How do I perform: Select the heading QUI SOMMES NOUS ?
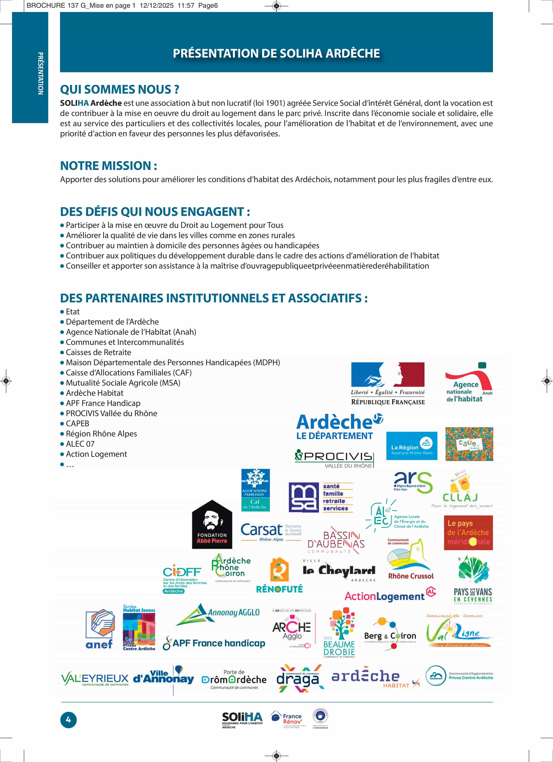(x=119, y=89)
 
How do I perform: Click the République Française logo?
(x=388, y=383)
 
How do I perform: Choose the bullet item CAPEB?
(x=77, y=423)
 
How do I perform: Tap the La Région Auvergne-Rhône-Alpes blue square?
(x=412, y=446)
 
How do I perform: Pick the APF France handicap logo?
(x=214, y=643)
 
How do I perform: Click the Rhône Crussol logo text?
(x=411, y=576)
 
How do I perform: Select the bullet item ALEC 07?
(x=80, y=444)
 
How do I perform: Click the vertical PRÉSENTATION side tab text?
(x=40, y=73)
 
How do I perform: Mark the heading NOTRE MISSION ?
(x=108, y=166)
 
